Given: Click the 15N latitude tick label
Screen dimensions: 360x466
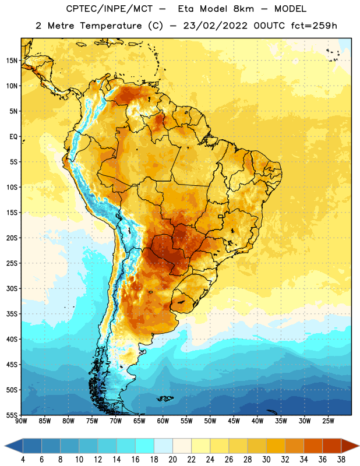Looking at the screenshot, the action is coord(12,61).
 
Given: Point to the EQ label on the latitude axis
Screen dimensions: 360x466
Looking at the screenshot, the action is coord(13,137).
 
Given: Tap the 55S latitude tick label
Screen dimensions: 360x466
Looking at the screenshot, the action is coord(12,415).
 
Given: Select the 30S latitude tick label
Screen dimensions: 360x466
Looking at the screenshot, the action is coord(12,288).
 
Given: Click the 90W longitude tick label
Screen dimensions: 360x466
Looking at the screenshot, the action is coord(21,421).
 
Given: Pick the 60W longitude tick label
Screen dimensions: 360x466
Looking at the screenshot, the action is coord(163,421).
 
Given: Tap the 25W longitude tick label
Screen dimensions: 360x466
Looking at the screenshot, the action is coord(328,421).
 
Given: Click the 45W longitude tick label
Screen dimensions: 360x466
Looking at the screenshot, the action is coord(234,421).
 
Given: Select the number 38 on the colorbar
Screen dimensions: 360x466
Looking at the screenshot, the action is coord(341,460).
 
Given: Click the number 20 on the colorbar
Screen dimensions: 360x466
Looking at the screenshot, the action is coord(172,460).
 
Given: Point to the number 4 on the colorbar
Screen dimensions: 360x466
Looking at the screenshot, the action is coord(23,460).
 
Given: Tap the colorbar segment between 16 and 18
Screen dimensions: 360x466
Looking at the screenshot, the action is coord(144,446).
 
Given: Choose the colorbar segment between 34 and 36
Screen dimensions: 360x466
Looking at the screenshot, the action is coord(313,446).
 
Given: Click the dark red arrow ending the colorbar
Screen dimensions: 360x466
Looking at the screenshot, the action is coord(350,446).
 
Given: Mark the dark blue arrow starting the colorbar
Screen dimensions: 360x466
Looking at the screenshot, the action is coord(14,446).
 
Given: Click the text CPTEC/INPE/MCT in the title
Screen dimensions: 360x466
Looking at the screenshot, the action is coord(109,9).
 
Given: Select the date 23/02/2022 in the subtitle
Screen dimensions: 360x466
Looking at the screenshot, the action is coord(215,26).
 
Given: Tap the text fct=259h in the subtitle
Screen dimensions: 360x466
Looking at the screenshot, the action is coord(314,26).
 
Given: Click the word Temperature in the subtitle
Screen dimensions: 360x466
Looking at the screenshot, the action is coord(111,26).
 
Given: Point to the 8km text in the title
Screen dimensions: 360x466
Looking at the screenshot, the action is coord(243,9).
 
